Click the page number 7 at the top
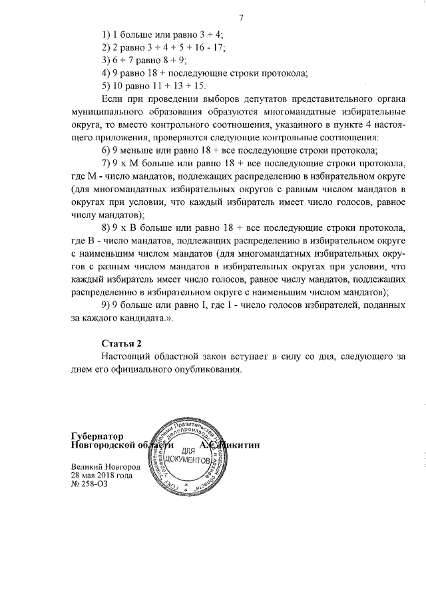pyautogui.click(x=242, y=17)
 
